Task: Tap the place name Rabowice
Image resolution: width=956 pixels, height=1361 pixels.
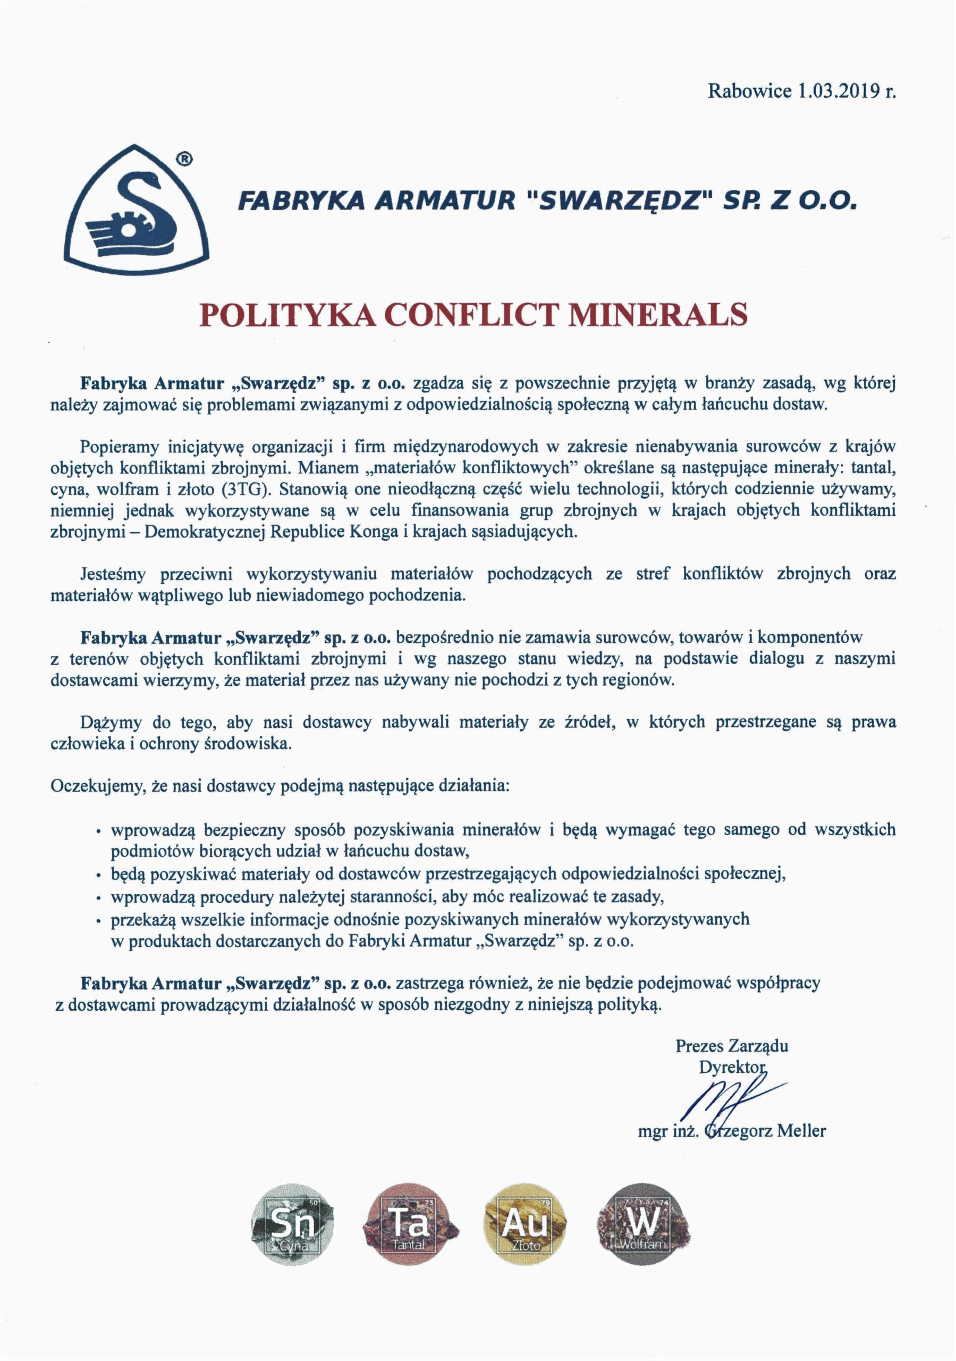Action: [750, 91]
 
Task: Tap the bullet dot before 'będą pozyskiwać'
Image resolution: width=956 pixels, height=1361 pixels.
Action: [98, 876]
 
